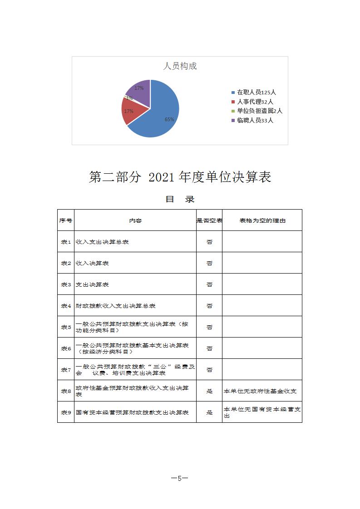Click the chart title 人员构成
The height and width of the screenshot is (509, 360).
click(x=180, y=66)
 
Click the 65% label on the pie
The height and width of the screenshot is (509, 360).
click(x=169, y=119)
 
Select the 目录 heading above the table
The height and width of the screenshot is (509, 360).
click(x=180, y=199)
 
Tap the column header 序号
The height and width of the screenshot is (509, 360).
click(x=66, y=220)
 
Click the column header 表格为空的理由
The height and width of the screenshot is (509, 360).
click(x=262, y=220)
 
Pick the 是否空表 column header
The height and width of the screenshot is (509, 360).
click(x=209, y=220)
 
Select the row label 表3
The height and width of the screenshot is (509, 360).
click(x=66, y=284)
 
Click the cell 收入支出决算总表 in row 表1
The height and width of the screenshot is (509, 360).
click(x=102, y=242)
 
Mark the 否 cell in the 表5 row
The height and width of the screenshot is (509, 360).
click(x=209, y=327)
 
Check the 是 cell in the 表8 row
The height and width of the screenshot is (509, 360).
click(x=209, y=391)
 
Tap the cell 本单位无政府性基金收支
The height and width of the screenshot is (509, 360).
click(x=260, y=391)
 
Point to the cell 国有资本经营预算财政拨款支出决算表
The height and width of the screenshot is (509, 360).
click(x=132, y=412)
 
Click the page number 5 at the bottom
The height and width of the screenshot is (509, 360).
click(x=180, y=478)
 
